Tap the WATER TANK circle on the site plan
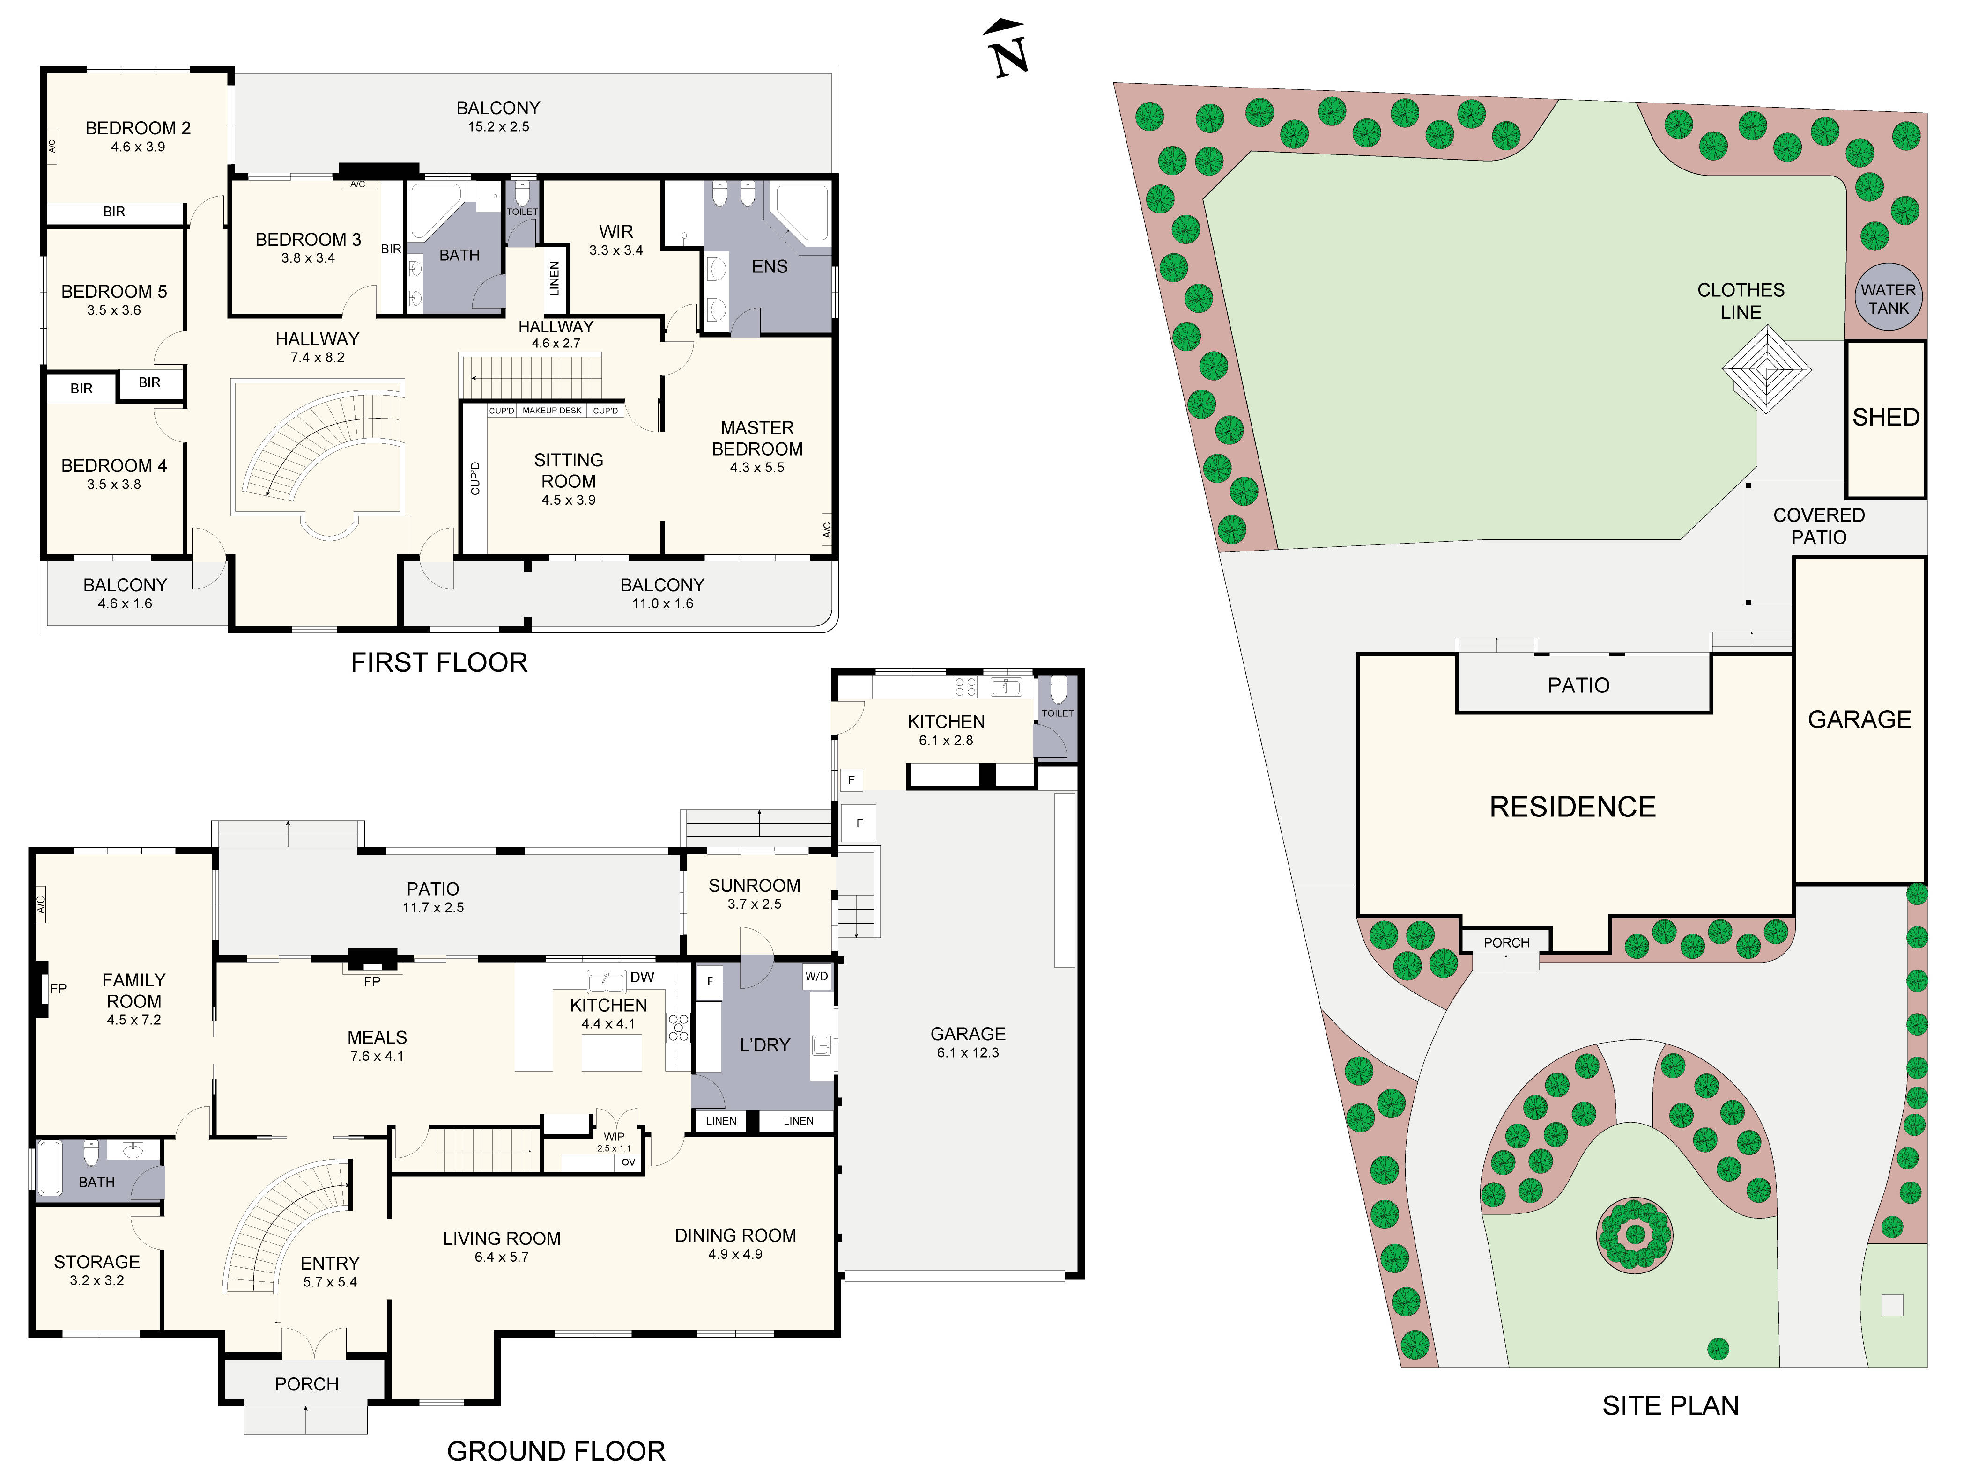coord(1888,299)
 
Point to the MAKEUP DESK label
coord(552,411)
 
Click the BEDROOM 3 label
coord(308,240)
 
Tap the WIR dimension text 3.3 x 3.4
coord(616,250)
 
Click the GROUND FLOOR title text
coord(556,1451)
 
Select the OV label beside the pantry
coord(628,1162)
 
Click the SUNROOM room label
coord(754,885)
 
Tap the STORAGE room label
coord(97,1262)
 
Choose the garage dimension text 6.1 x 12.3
coord(967,1053)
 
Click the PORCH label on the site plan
coord(1506,942)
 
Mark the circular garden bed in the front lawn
coord(1634,1235)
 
